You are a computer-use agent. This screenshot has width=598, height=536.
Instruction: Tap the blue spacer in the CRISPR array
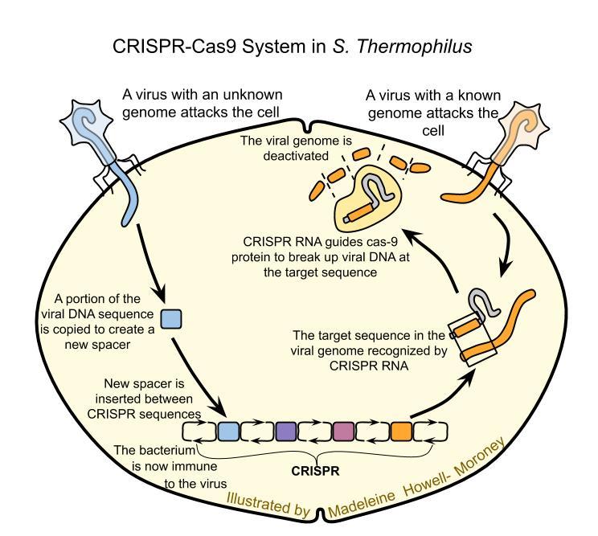[228, 432]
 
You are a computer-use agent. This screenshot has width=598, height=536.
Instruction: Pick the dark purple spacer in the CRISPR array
[286, 432]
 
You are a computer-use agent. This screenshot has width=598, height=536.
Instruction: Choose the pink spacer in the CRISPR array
[343, 432]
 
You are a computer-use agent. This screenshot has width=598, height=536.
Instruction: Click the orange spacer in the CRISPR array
[401, 432]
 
